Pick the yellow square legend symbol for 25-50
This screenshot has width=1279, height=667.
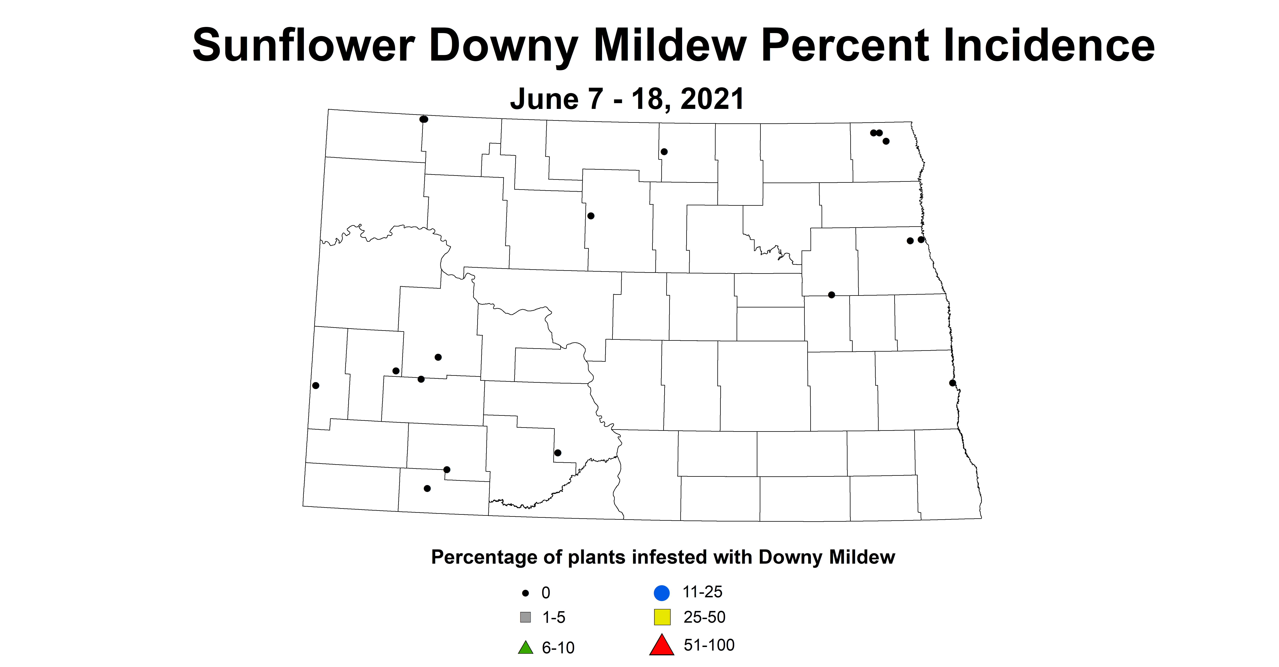coord(662,617)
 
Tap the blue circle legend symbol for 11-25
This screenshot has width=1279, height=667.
coord(662,593)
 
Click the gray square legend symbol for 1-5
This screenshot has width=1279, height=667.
coord(525,617)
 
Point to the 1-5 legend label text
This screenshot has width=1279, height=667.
coord(554,617)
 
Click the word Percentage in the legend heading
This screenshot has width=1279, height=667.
coord(484,557)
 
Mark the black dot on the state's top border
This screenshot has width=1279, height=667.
coord(424,119)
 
